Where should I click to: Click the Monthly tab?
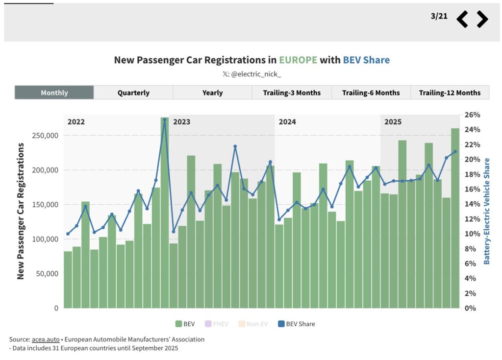pyautogui.click(x=54, y=93)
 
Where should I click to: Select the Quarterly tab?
pyautogui.click(x=133, y=93)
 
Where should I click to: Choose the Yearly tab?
pyautogui.click(x=212, y=93)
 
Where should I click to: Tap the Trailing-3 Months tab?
pyautogui.click(x=292, y=93)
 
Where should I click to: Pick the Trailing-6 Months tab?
pyautogui.click(x=371, y=93)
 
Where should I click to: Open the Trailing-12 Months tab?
pyautogui.click(x=450, y=93)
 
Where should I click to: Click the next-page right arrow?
pyautogui.click(x=482, y=19)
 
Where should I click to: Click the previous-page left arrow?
pyautogui.click(x=462, y=19)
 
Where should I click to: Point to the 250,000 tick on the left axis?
pyautogui.click(x=45, y=136)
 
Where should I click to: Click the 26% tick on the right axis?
pyautogui.click(x=473, y=115)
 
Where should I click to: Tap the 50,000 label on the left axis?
pyautogui.click(x=47, y=274)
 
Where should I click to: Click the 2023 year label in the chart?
pyautogui.click(x=182, y=122)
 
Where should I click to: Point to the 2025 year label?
pyautogui.click(x=393, y=122)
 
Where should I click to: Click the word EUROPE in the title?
pyautogui.click(x=298, y=60)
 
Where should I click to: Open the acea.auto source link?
pyautogui.click(x=45, y=339)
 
